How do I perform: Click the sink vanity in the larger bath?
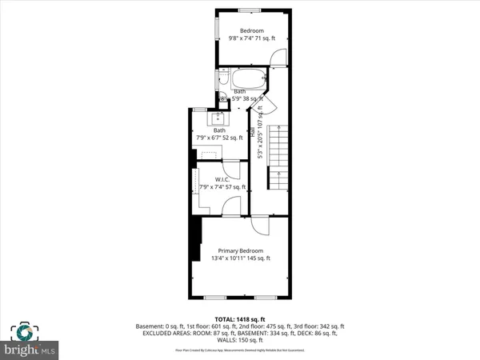[218, 119]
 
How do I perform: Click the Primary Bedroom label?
[240, 249]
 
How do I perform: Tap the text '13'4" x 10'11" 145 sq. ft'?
[240, 258]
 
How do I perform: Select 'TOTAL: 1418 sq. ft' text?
[240, 318]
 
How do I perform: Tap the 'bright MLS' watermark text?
[31, 350]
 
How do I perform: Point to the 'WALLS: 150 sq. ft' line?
[240, 340]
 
